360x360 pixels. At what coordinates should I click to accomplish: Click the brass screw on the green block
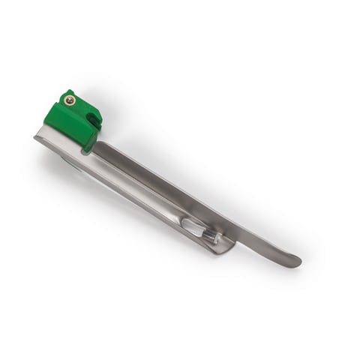70,99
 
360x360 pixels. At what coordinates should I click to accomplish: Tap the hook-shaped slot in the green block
92,118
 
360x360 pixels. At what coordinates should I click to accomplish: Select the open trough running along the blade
142,187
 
